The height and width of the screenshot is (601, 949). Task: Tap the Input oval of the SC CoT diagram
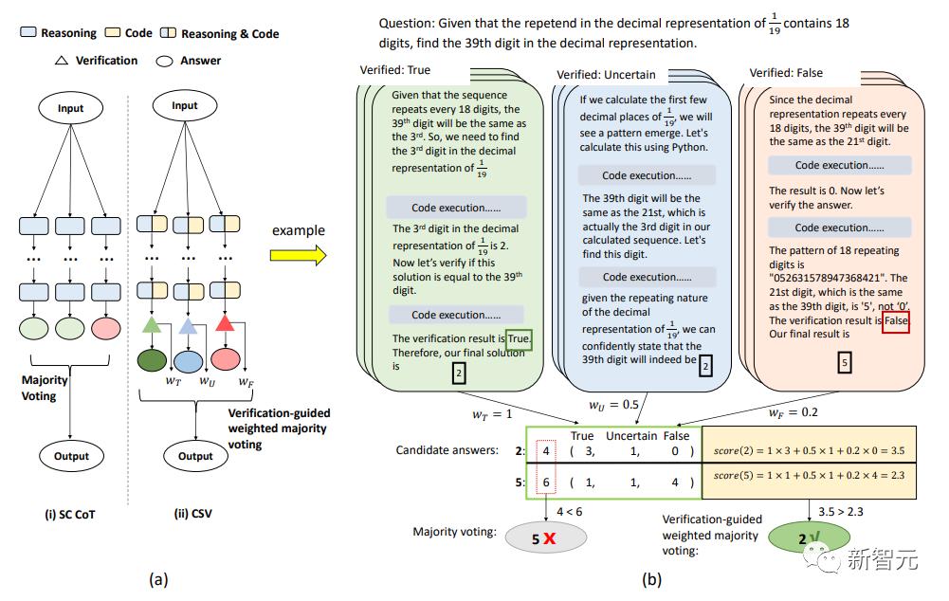point(70,109)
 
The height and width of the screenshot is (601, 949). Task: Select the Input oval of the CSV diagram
point(185,106)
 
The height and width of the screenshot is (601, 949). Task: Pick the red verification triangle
point(224,326)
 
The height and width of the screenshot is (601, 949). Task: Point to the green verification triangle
point(151,326)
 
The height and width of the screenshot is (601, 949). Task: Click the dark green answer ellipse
point(151,361)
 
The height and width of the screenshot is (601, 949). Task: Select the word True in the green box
point(519,338)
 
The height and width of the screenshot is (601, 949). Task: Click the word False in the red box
point(896,321)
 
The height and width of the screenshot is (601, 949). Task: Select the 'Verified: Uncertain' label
point(606,74)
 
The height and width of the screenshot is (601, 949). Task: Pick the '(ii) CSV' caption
point(192,515)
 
